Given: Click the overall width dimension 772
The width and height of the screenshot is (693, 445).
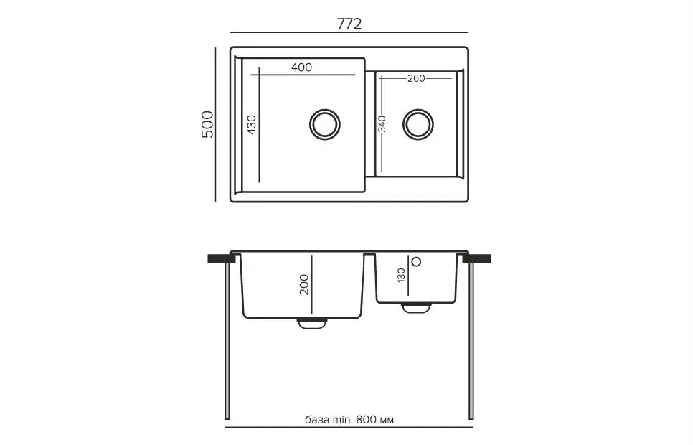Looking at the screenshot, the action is click(349, 23).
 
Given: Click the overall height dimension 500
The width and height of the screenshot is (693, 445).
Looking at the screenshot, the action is click(207, 125).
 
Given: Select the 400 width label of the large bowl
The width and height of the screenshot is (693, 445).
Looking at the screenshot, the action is click(302, 67).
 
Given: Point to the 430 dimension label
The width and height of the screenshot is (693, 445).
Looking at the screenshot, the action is click(252, 125).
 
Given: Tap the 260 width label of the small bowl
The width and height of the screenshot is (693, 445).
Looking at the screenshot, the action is click(417, 78).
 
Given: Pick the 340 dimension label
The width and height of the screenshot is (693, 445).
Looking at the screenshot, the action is click(382, 125).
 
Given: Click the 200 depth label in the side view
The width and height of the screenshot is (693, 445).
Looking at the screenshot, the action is click(304, 286).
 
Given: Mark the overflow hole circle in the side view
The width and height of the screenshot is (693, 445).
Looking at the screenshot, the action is click(415, 261).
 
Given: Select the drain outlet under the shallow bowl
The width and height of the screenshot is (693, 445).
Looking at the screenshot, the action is click(415, 307).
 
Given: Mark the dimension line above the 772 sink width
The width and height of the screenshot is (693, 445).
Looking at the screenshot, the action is click(349, 33).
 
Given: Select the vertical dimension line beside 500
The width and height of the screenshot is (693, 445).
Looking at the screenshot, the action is click(216, 125).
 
